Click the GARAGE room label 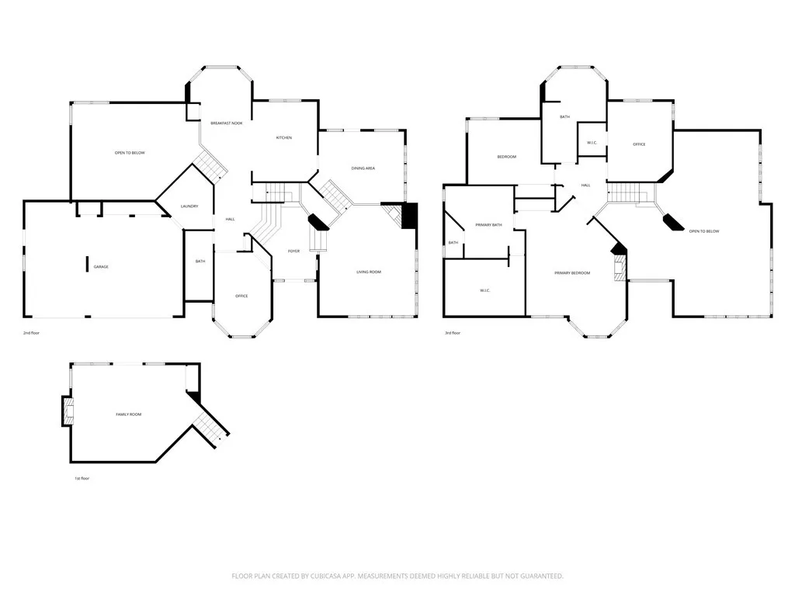pos(101,267)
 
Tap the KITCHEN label pos(284,138)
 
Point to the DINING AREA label pos(363,168)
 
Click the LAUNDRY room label pos(189,206)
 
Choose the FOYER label pos(293,251)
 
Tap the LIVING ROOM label pos(369,272)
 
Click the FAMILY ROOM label pos(129,414)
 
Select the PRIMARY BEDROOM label pos(572,273)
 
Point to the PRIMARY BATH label pos(488,225)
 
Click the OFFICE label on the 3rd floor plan pos(639,144)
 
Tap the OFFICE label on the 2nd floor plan pos(241,296)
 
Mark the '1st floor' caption pos(82,479)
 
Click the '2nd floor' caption pos(32,333)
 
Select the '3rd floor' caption pos(452,333)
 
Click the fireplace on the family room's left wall pos(68,411)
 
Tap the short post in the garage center pos(86,264)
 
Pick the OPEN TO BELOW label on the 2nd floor pos(130,153)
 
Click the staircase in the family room pos(209,428)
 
